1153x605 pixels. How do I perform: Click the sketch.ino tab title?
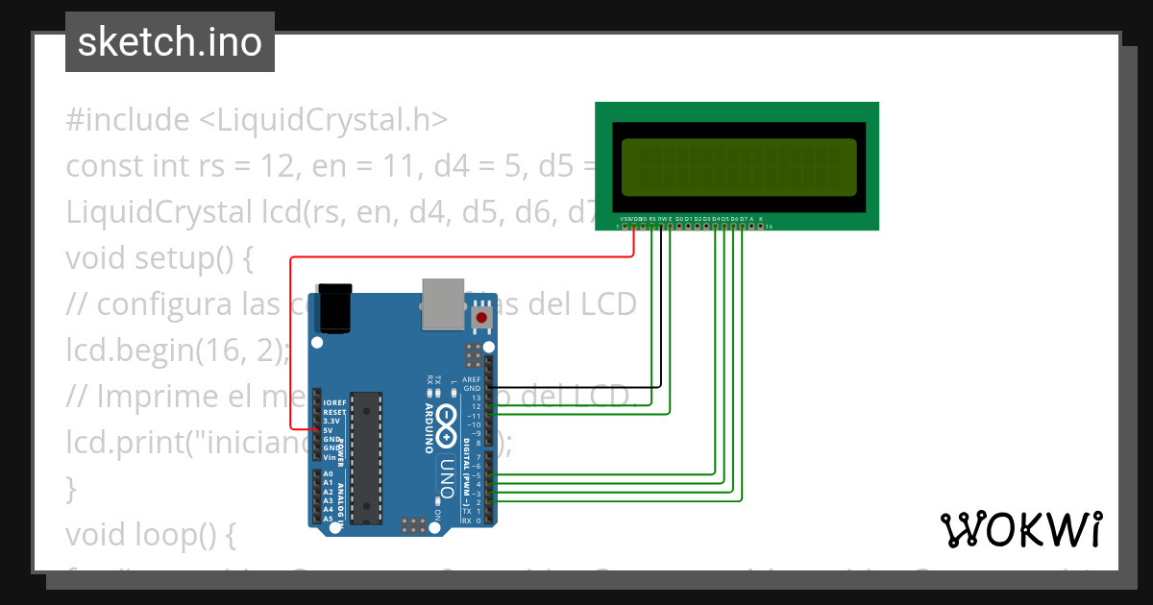pos(169,42)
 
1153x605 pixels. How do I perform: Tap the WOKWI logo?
pos(1020,530)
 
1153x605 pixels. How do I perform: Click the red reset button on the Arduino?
pos(481,317)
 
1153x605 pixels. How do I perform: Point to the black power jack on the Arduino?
pos(335,307)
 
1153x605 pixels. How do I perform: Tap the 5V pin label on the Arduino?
pos(330,430)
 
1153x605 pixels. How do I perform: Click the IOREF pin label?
pos(333,402)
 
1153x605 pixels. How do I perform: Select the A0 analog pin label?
pos(328,473)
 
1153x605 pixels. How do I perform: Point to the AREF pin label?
pos(471,379)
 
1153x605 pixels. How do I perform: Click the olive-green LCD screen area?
pos(738,165)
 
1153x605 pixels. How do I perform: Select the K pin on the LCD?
pos(761,219)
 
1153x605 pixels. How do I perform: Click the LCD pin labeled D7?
pos(743,219)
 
